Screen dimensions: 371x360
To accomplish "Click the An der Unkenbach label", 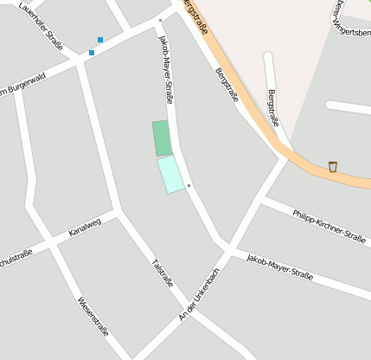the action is coord(200,294).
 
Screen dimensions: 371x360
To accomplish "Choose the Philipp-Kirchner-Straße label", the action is coord(329,225).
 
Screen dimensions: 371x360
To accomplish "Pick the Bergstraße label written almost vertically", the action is coord(274,107).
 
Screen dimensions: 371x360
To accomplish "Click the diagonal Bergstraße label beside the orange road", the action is coord(227,84).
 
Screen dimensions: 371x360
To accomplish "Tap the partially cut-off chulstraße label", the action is coord(16,256).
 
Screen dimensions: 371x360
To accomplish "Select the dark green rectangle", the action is coord(162,138).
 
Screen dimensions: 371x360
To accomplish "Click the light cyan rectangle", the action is coord(170,174).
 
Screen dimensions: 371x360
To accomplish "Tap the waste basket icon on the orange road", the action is coord(332,166).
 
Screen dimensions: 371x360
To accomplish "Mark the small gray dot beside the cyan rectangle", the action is coord(189,185).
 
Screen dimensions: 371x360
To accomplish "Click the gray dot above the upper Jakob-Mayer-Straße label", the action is coord(160,19).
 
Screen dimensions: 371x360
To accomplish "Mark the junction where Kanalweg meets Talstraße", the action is coord(117,210).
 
